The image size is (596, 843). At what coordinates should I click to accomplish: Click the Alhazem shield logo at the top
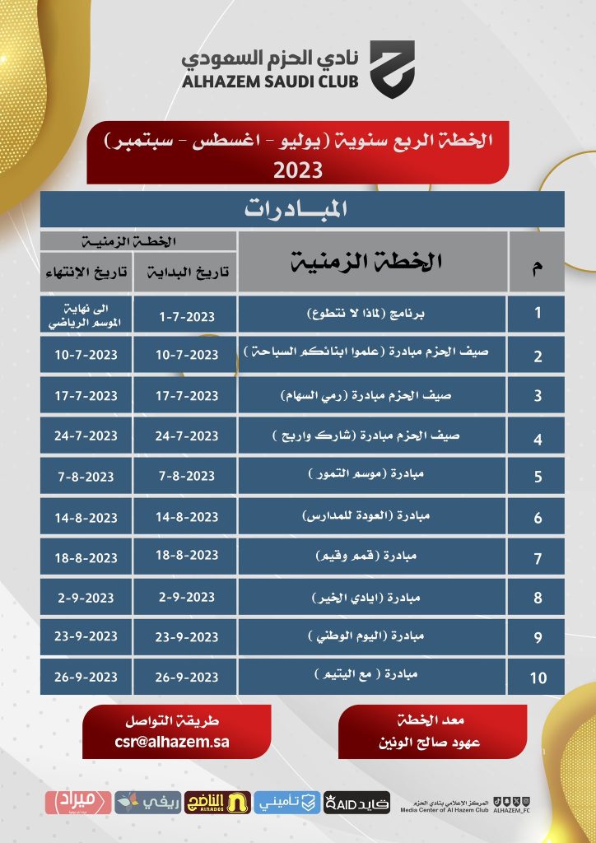[391, 69]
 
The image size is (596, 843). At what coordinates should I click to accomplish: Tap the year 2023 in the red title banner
[297, 170]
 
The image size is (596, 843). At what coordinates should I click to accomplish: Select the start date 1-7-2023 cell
[188, 315]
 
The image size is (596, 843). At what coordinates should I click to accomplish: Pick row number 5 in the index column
[537, 476]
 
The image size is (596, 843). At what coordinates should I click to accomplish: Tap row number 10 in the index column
[537, 678]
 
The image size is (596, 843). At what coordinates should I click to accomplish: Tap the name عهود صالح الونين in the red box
[433, 743]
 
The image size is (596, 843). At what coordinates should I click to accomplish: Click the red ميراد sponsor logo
[79, 800]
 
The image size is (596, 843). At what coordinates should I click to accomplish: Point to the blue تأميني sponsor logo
[286, 800]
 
